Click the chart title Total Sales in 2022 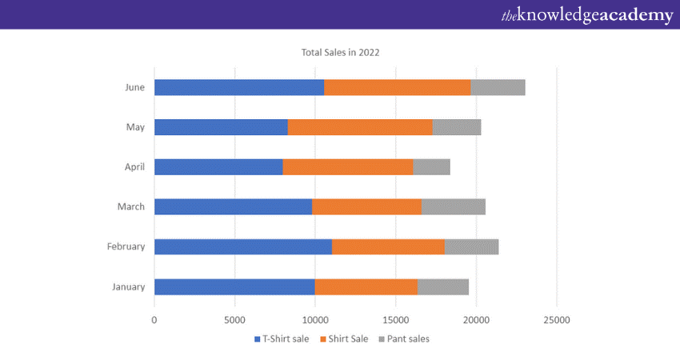(x=340, y=53)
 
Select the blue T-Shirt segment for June (x=238, y=87)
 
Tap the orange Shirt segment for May (x=359, y=127)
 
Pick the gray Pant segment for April (x=431, y=167)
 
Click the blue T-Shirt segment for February (x=242, y=247)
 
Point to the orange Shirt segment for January (x=366, y=287)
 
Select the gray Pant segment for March (x=453, y=207)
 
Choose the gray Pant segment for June (x=498, y=87)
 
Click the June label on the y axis (x=135, y=87)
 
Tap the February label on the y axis (x=126, y=247)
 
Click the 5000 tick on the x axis (x=234, y=319)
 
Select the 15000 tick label (x=395, y=319)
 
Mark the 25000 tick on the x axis (x=556, y=319)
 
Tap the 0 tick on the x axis (x=154, y=319)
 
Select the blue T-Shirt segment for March (x=233, y=207)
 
